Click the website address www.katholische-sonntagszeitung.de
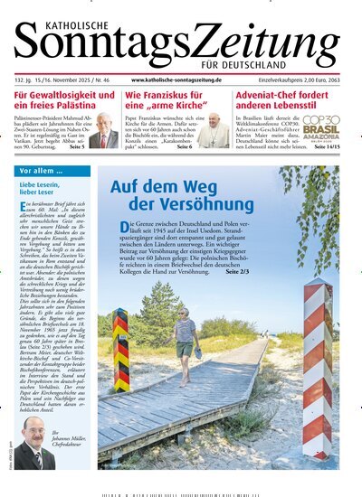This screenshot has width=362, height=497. point(175,80)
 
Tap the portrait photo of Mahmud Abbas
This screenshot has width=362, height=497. point(104,131)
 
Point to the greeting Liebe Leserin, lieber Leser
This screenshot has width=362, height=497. point(43,188)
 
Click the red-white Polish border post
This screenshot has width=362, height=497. point(316,370)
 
